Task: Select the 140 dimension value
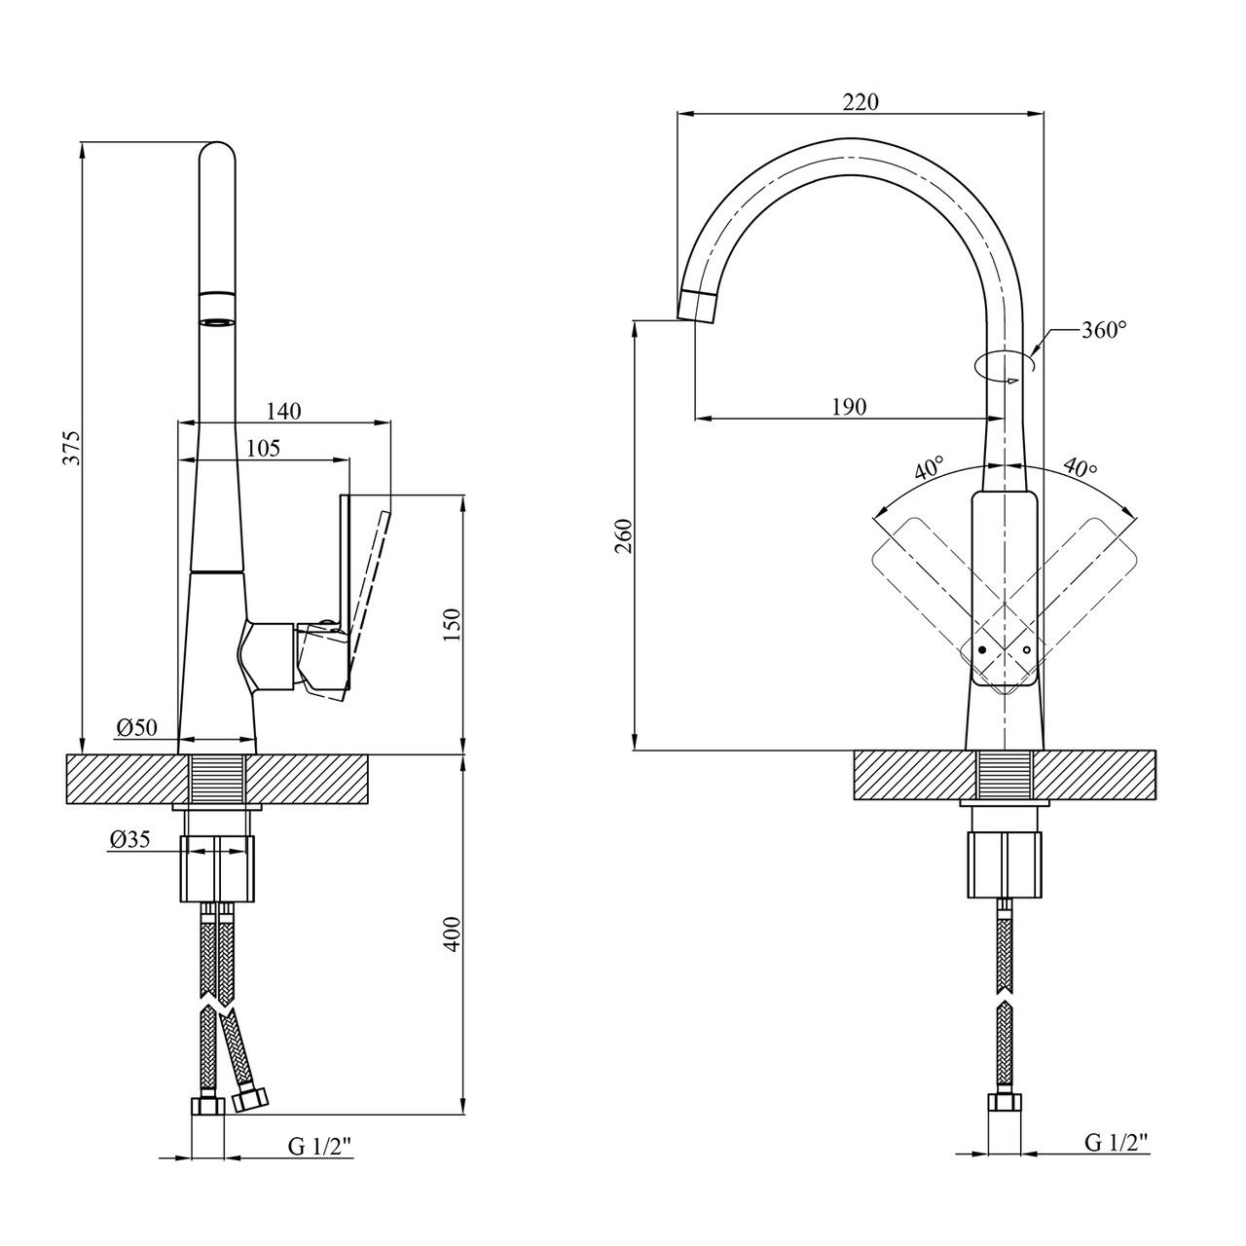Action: point(282,411)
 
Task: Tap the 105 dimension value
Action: point(263,448)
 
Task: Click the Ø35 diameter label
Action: point(129,841)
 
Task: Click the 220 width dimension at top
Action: point(861,102)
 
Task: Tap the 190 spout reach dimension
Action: point(848,407)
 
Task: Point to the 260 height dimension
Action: point(625,535)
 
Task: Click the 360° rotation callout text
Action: point(1103,330)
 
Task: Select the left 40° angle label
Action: point(930,469)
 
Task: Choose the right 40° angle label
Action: point(1080,469)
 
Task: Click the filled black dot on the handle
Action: point(982,648)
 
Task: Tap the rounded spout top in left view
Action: point(216,156)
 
